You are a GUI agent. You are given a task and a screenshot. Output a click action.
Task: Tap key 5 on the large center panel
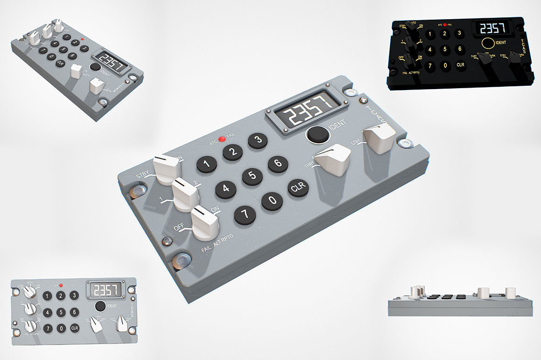252,175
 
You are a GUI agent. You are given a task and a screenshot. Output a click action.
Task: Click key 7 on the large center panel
245,215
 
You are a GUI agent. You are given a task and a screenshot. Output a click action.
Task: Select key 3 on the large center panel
257,140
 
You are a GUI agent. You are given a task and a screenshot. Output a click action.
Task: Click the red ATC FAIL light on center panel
222,138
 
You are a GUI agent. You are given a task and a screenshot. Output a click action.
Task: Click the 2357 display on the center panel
306,110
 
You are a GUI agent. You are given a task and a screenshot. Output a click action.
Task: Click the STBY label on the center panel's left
143,176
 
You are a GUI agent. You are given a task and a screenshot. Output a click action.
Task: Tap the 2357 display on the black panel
492,29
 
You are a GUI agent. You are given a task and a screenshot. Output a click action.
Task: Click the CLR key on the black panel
460,65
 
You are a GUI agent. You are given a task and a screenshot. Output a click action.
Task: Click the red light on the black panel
445,24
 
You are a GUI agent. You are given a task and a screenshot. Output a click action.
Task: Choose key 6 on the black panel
459,49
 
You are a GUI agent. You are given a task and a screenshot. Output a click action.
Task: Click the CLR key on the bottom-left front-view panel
75,328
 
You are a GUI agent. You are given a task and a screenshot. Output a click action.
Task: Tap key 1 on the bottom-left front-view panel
47,296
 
